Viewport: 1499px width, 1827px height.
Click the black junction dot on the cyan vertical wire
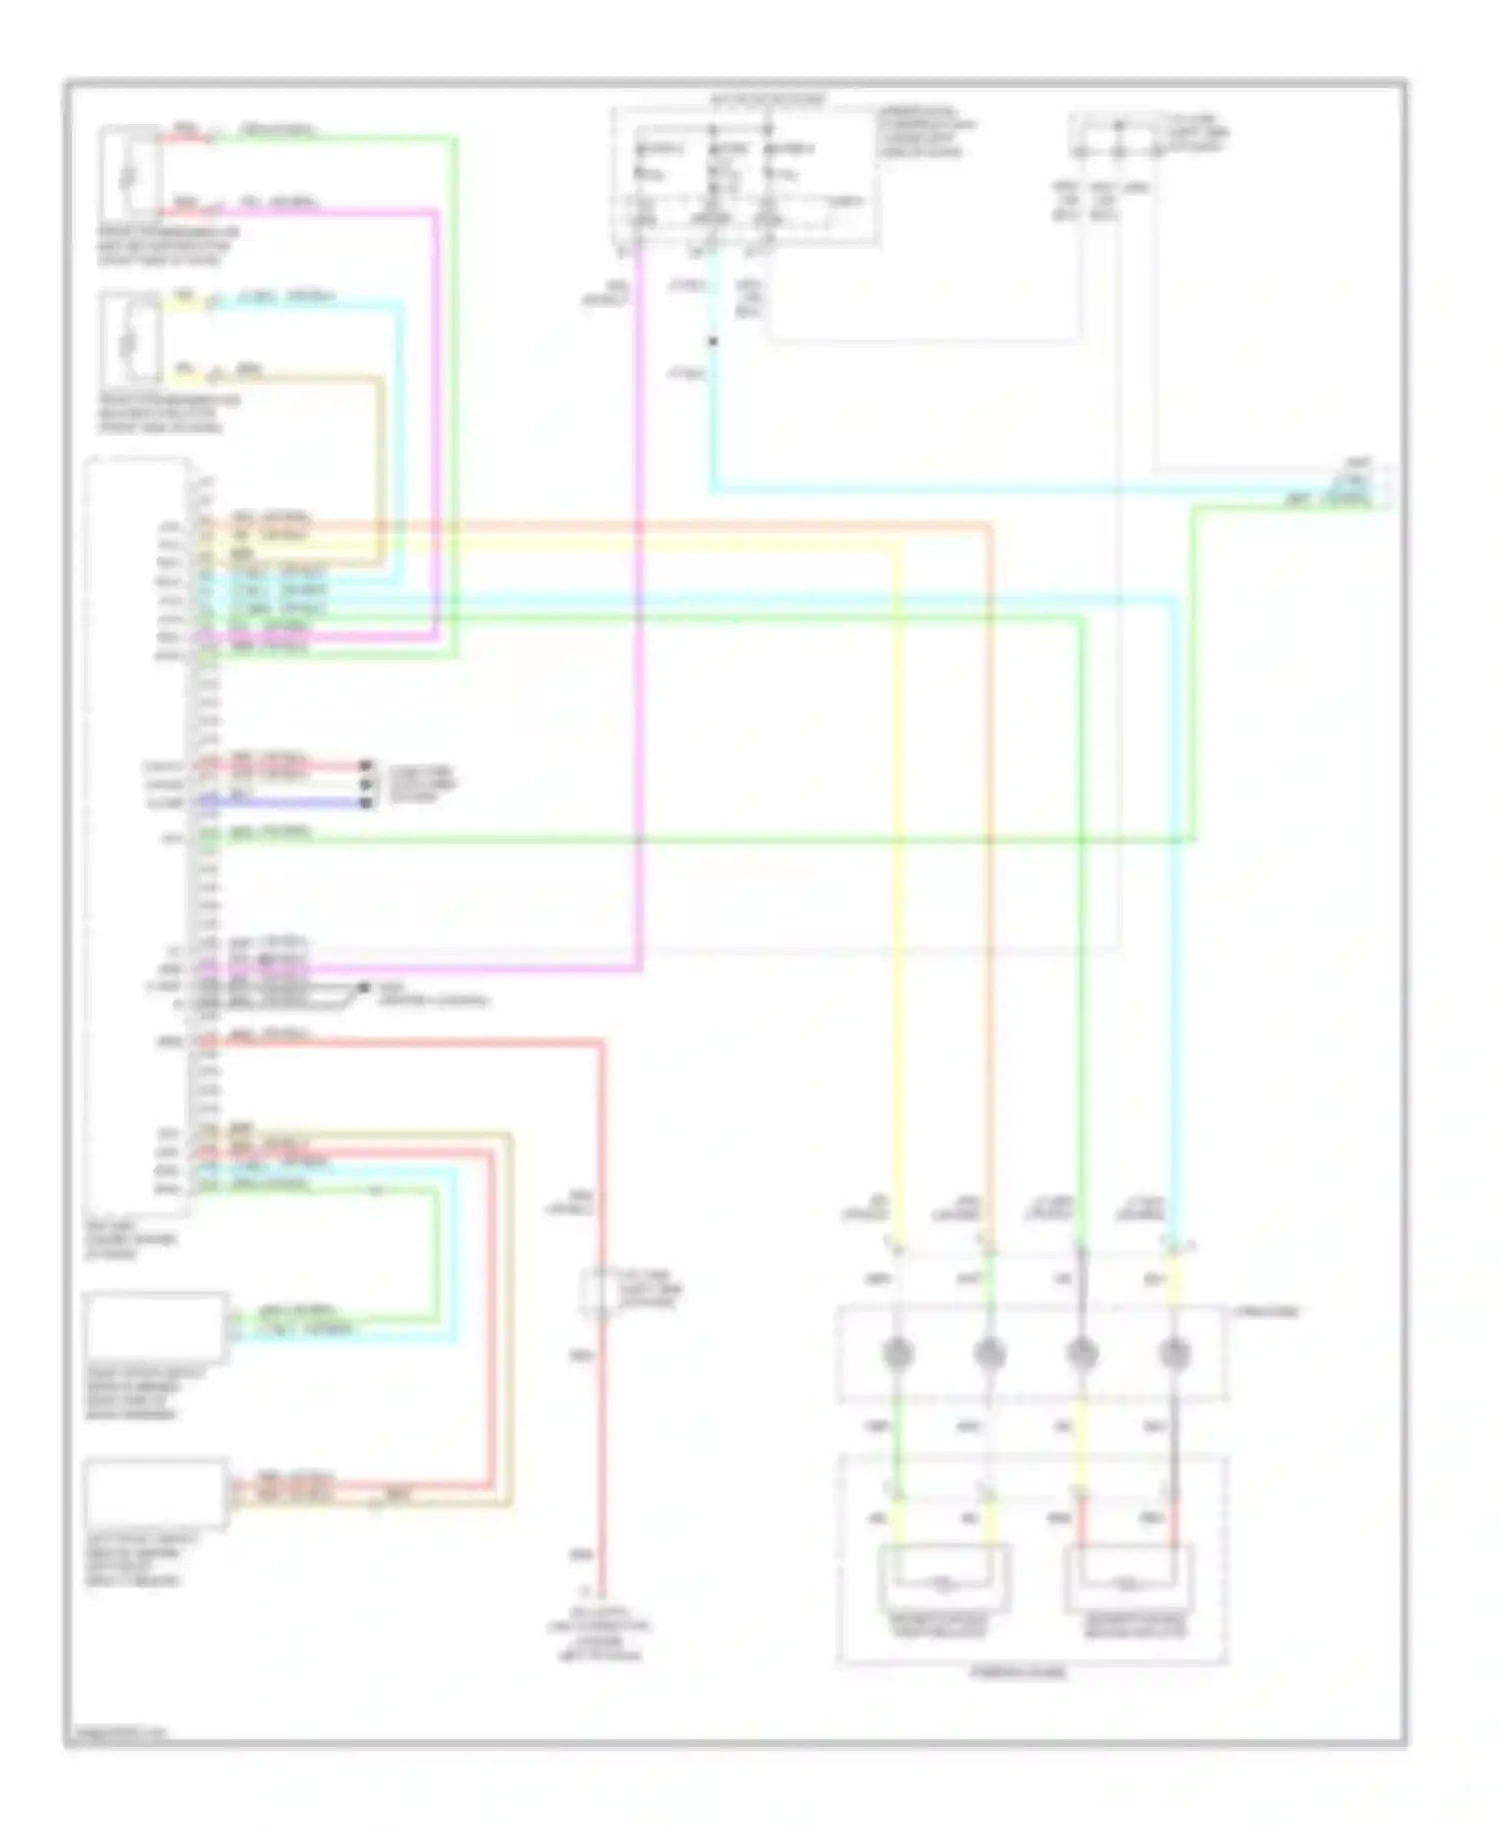click(713, 342)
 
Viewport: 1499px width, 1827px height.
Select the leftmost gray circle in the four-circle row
click(898, 1354)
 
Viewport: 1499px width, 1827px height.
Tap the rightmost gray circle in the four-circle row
click(1174, 1354)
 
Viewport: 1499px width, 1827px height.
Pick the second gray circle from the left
click(989, 1354)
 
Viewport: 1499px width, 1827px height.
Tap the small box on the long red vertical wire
click(597, 1292)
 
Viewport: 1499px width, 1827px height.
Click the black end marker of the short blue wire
click(367, 803)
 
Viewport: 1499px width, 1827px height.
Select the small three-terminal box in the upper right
click(1116, 138)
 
